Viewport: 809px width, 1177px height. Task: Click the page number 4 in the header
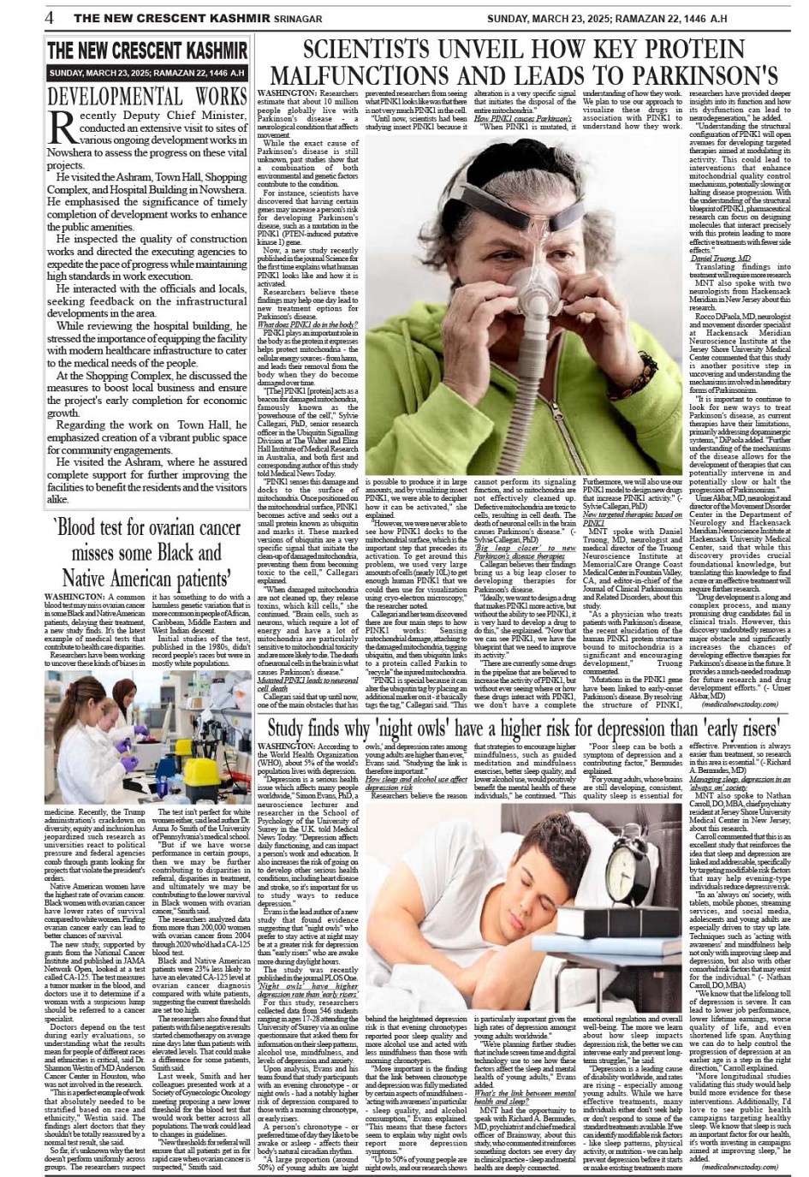(51, 18)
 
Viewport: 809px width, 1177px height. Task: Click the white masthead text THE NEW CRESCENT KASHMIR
(146, 51)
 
